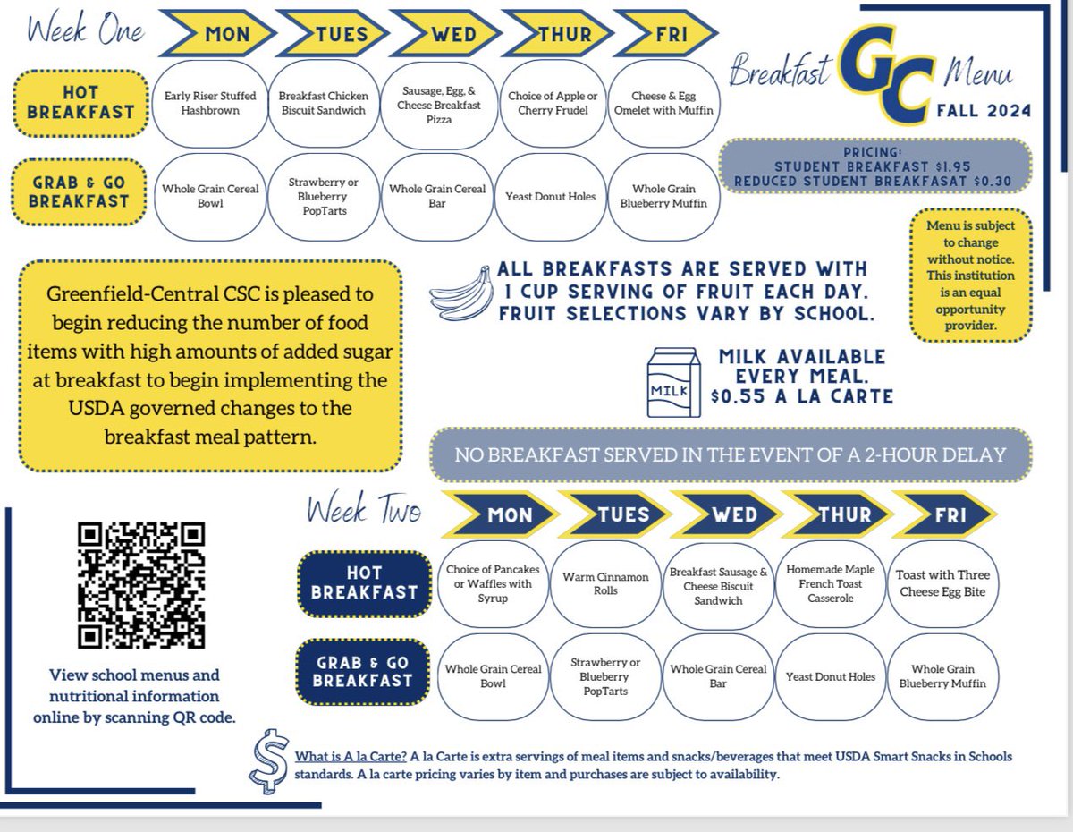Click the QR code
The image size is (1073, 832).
141,585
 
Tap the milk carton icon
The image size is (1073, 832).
673,382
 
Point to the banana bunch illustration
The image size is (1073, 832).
462,294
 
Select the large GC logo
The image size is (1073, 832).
887,74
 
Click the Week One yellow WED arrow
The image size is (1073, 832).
448,34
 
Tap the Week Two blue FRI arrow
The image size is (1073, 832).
944,514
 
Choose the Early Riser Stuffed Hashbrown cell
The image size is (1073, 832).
210,103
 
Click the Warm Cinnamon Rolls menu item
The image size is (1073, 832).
605,584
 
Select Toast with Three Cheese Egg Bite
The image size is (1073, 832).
942,584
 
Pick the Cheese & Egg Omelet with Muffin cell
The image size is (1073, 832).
663,103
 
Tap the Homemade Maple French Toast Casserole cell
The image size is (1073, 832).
831,584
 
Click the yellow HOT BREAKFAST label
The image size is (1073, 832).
80,103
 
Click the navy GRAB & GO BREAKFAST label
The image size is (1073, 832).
363,672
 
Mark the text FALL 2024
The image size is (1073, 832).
984,110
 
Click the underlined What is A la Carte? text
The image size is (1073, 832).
351,757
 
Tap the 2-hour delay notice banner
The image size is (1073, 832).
731,454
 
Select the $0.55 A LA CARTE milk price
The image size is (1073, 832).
802,396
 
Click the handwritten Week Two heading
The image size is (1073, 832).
364,508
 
